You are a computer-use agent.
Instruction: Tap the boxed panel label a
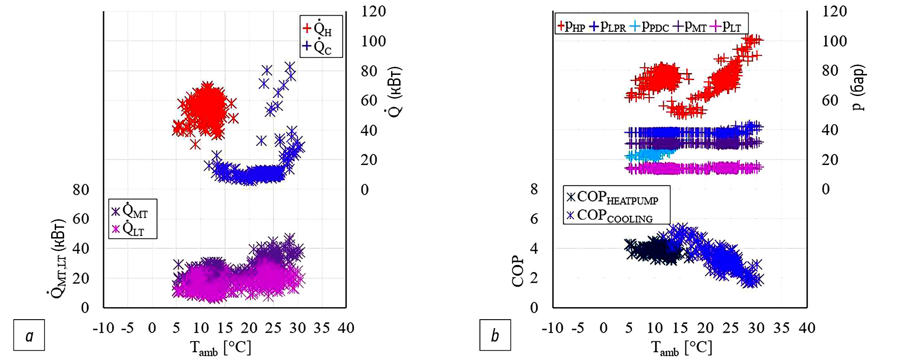(29, 335)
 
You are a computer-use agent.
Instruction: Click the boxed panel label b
(495, 335)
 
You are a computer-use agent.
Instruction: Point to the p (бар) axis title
(857, 87)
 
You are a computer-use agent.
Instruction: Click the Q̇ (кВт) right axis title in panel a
(395, 92)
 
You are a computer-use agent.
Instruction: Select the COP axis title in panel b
(518, 271)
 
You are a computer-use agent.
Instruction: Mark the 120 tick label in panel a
(373, 11)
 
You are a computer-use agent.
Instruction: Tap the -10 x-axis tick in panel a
(103, 328)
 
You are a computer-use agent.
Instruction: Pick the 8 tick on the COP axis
(534, 189)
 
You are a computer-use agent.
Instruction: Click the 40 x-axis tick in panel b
(806, 328)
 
